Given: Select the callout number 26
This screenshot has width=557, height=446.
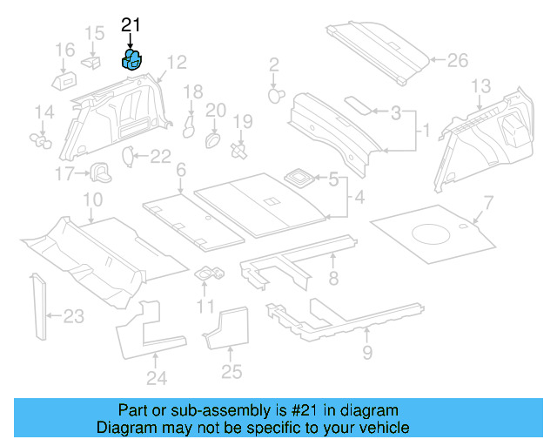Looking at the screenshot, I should (x=457, y=60).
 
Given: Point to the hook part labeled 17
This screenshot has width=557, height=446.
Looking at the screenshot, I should (x=100, y=171).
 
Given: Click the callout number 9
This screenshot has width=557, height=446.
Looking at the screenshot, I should (x=366, y=353).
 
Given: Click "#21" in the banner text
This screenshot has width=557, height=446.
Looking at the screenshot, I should (x=301, y=410).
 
